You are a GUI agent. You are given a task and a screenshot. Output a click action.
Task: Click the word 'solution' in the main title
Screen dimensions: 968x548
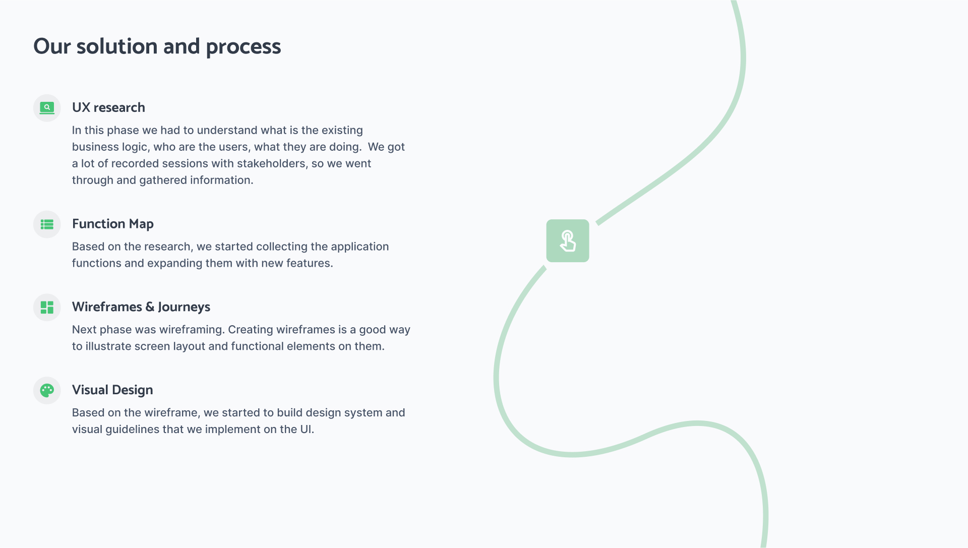pos(117,46)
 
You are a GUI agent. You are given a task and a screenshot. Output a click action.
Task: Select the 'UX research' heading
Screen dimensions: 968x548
pos(108,107)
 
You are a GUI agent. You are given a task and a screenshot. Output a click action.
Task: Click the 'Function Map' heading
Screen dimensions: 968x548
pos(113,224)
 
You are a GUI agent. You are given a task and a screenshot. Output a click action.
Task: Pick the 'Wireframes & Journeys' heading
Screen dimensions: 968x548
pos(141,307)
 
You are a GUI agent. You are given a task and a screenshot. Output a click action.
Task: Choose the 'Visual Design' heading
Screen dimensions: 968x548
pos(112,390)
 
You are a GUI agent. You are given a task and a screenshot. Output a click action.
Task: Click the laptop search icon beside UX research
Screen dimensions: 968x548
pos(47,108)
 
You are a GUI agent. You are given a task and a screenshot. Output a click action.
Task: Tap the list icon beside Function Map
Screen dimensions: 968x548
pos(47,224)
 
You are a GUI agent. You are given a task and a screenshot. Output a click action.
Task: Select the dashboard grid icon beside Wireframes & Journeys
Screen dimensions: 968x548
pos(47,308)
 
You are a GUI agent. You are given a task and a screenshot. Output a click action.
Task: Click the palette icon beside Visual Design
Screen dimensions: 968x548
pos(47,391)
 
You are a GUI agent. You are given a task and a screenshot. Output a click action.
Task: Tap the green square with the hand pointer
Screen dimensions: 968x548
pos(568,240)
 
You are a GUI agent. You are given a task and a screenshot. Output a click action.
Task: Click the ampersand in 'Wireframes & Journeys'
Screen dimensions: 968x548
pos(150,307)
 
